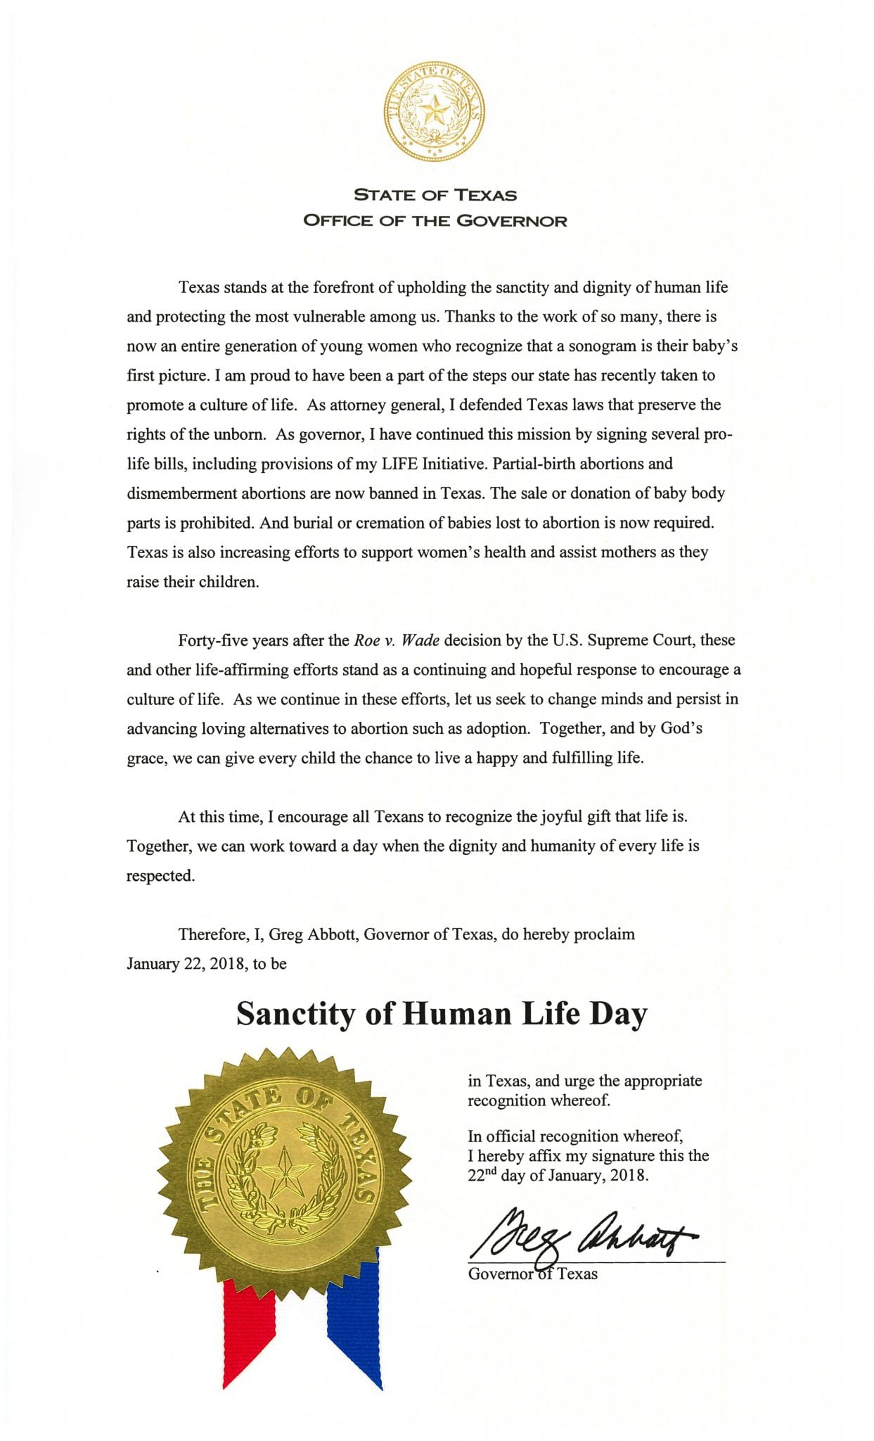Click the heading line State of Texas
435,195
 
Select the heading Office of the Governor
435,221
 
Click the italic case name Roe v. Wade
397,640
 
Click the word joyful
565,817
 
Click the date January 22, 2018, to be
207,964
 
